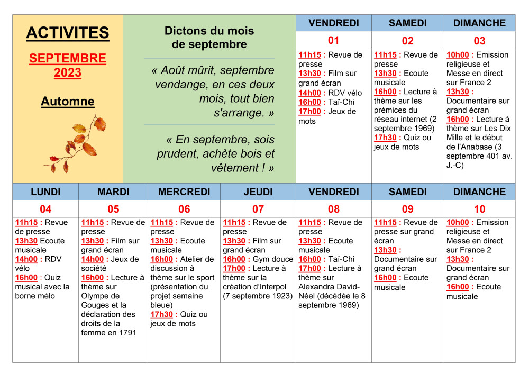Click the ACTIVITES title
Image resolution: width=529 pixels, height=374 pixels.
coord(68,33)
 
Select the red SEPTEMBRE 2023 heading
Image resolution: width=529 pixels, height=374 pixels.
coord(68,66)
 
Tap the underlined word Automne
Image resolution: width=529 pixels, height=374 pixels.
coord(68,102)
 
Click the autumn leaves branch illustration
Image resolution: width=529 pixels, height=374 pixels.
coord(77,143)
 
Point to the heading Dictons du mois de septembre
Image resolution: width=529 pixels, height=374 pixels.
coord(209,38)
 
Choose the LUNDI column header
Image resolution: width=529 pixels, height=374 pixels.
coord(45,191)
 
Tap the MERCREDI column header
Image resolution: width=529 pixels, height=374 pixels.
coord(184,191)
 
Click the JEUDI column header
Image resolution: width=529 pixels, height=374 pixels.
coord(258,191)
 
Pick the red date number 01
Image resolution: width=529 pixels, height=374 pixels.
coord(333,41)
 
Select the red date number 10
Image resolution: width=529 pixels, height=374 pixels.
coord(479,209)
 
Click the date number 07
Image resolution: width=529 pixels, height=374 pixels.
coord(258,209)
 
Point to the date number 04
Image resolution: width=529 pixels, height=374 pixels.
coord(45,209)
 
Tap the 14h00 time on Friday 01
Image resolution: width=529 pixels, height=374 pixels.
coord(309,93)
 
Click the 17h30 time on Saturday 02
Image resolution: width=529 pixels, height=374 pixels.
coord(385,138)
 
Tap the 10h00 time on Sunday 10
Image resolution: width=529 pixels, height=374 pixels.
coord(458,222)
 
